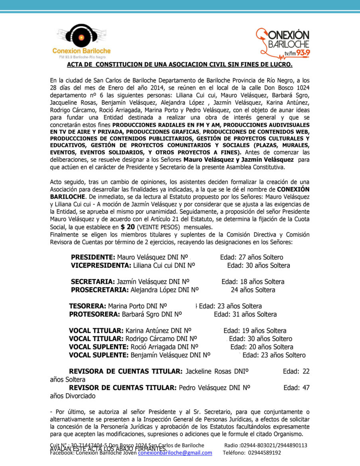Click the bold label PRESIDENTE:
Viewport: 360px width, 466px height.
coord(93,257)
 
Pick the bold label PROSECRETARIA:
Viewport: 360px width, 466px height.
coord(100,290)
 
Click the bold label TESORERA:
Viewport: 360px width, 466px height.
coord(87,306)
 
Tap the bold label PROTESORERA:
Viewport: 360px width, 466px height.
coord(94,314)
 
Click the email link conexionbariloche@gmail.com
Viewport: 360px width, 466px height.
coord(175,452)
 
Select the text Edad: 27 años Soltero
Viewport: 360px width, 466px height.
coord(251,257)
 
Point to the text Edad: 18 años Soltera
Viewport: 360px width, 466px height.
coord(253,282)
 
